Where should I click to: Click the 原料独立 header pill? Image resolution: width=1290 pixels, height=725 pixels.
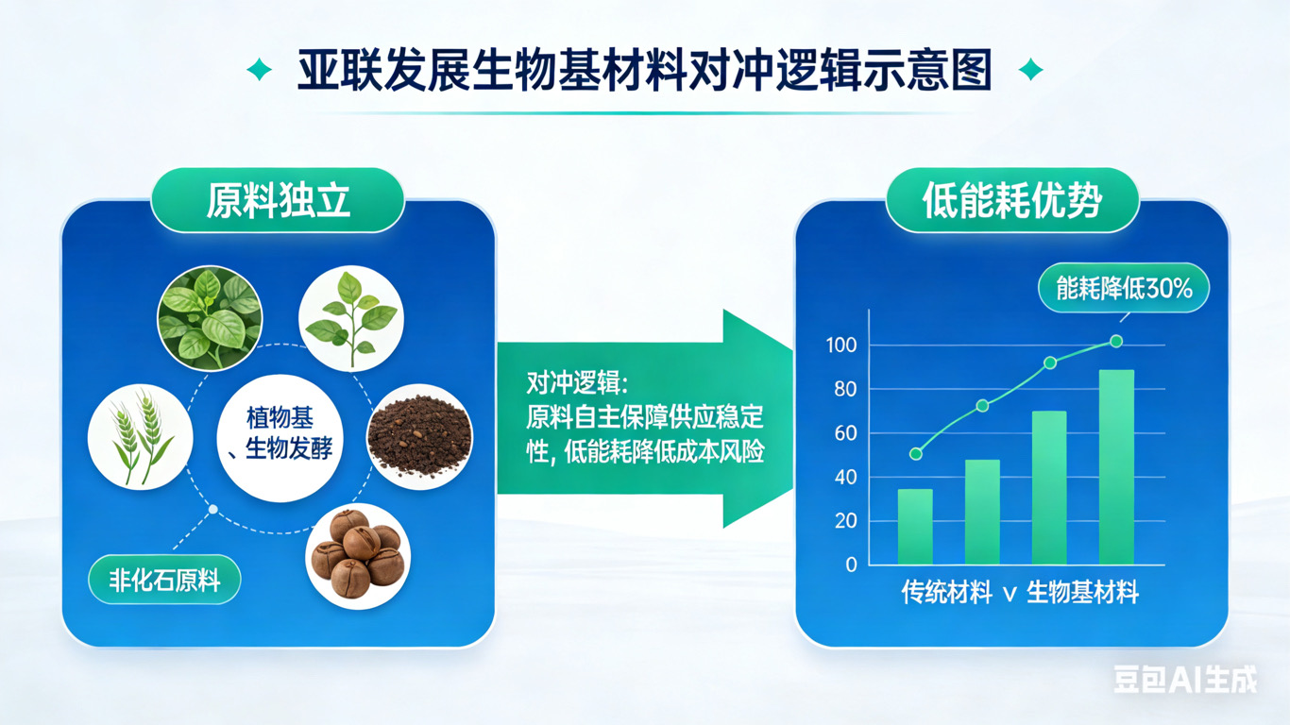click(x=279, y=200)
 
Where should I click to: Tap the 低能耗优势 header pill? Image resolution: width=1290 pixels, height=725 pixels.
click(x=1011, y=200)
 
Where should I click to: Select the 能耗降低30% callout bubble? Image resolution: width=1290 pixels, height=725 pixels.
click(x=1124, y=288)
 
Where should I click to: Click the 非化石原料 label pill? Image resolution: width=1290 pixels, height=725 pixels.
click(x=164, y=580)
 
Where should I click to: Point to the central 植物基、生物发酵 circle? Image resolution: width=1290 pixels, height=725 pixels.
click(x=280, y=438)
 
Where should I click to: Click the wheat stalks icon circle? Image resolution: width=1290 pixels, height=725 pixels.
click(x=140, y=437)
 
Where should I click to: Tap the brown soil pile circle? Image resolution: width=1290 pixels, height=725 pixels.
click(x=420, y=437)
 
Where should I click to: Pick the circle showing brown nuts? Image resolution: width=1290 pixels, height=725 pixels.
click(x=358, y=556)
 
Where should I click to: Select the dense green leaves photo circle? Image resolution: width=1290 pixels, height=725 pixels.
click(x=211, y=318)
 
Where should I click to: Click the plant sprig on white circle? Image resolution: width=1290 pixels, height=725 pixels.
click(x=351, y=318)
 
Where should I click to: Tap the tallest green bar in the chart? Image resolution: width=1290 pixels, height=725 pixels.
click(x=1116, y=467)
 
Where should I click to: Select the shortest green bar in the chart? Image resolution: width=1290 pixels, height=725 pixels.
click(x=915, y=527)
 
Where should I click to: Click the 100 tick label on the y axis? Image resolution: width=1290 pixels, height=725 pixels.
click(x=841, y=346)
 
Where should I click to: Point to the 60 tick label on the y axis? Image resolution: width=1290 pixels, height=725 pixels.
click(x=845, y=433)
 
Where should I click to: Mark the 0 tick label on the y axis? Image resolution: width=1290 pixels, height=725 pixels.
click(x=851, y=565)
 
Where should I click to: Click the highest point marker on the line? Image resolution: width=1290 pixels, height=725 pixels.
click(x=1116, y=342)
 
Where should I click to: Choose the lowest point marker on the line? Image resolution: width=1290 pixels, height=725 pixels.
click(x=916, y=454)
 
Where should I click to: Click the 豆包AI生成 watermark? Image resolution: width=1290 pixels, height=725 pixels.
click(x=1185, y=680)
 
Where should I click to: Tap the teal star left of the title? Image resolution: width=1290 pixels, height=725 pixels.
click(x=259, y=70)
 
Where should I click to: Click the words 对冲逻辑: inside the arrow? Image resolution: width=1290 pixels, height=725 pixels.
click(x=577, y=382)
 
